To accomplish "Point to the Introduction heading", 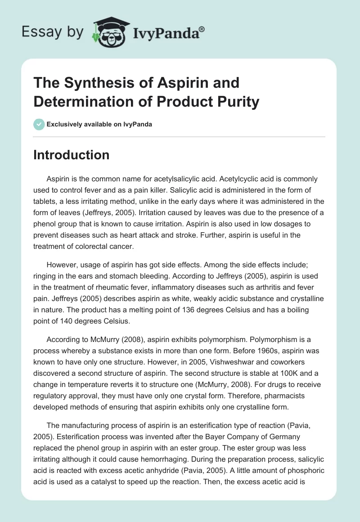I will (72, 155).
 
